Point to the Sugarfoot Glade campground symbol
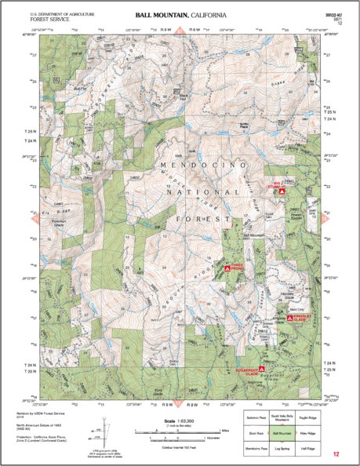262,368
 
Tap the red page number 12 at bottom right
336,454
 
